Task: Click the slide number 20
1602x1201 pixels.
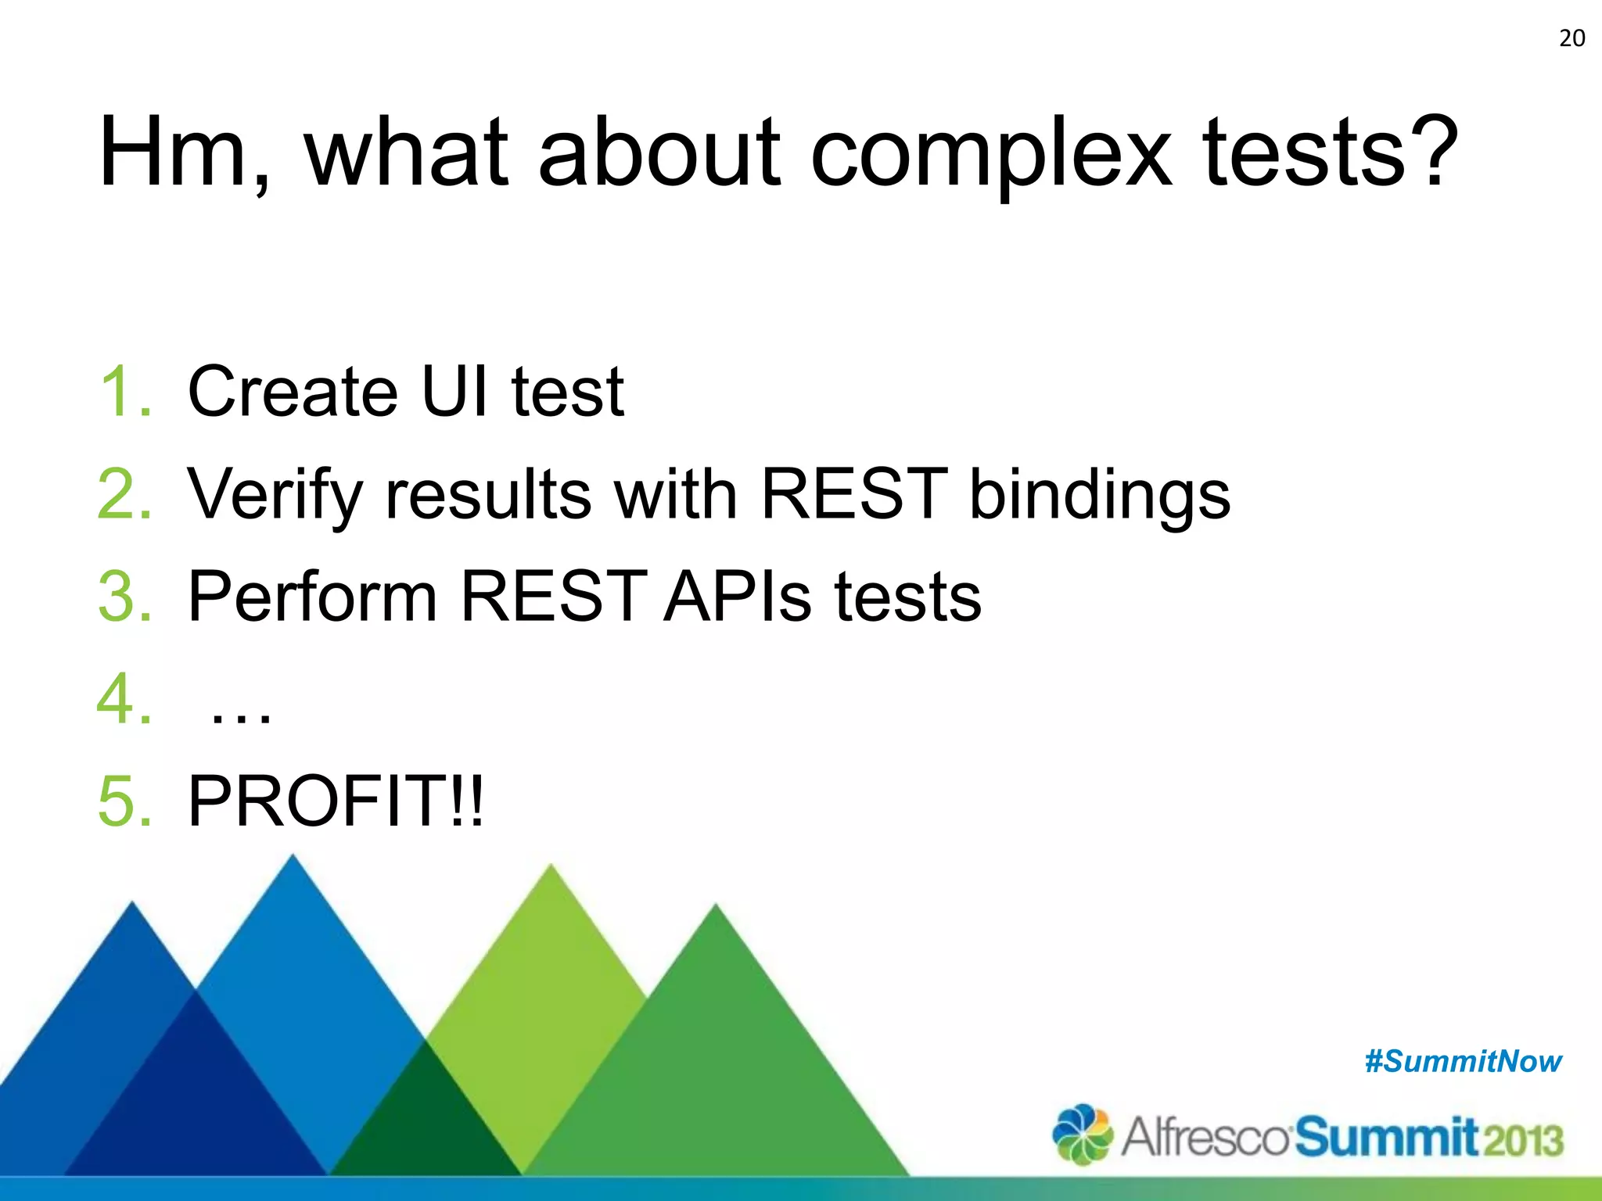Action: pos(1571,38)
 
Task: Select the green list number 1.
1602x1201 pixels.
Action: pos(124,391)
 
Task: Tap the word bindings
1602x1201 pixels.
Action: pos(1099,494)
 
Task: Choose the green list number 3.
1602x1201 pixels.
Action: pos(124,597)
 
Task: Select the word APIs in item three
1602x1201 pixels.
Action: pos(738,597)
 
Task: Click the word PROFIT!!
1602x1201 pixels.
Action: pos(336,801)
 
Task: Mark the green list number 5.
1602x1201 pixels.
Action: pos(124,801)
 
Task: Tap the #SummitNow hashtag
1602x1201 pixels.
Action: pos(1463,1062)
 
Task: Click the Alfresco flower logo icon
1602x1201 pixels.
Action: pos(1082,1134)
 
